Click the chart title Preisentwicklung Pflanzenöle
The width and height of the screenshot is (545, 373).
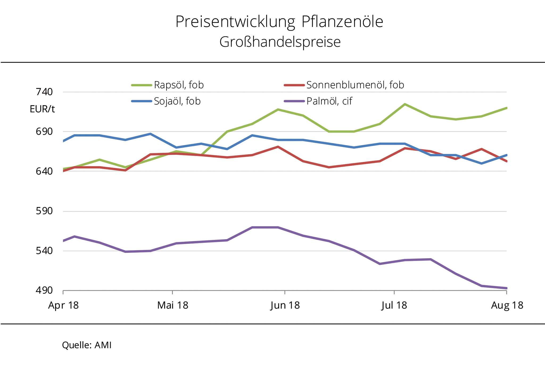[x=279, y=22]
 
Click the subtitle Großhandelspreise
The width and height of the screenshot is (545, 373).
[x=280, y=42]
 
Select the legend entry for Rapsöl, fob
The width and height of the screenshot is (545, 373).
[x=179, y=85]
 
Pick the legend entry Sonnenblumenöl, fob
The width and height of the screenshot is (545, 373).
[x=355, y=85]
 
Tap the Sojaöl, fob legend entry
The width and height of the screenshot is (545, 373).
[x=177, y=101]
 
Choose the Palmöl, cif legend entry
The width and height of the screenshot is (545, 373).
[x=329, y=101]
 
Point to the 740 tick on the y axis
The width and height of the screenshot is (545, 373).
[x=44, y=92]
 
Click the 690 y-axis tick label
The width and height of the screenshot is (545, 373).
[x=44, y=132]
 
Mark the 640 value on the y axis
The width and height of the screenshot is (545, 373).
[x=44, y=171]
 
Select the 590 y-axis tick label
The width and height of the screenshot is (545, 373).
[x=44, y=211]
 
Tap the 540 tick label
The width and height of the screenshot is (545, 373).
[x=44, y=251]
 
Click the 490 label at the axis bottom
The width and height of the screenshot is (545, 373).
[x=44, y=290]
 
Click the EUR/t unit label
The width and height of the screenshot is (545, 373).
[x=42, y=109]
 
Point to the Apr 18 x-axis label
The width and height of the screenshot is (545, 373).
[x=63, y=305]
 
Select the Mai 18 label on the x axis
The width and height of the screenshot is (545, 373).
[x=173, y=305]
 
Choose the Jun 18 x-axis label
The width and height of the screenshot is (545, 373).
[x=285, y=305]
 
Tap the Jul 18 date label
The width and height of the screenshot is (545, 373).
[x=394, y=305]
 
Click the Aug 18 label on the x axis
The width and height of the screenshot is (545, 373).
[x=507, y=305]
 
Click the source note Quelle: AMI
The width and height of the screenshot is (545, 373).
[x=87, y=345]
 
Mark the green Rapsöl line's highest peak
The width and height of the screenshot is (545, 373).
[x=405, y=104]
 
